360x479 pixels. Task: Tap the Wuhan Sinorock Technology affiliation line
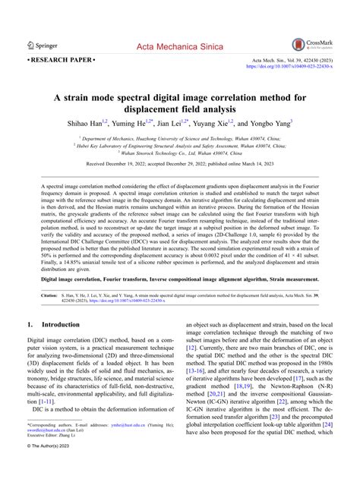tap(179, 152)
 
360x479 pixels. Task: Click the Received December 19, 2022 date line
tap(180, 164)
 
